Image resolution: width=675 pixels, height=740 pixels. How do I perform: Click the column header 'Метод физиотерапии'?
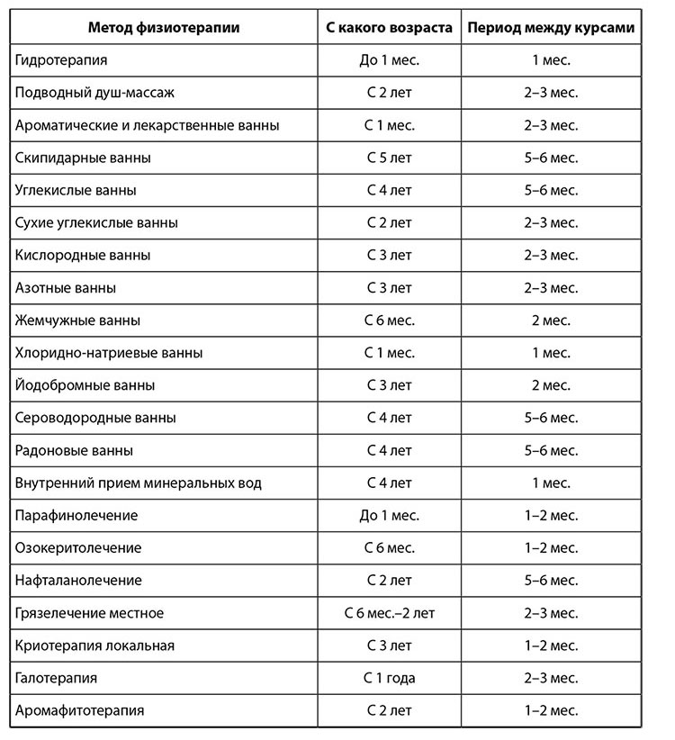(x=164, y=27)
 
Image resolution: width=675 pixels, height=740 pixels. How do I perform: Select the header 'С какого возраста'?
(x=389, y=27)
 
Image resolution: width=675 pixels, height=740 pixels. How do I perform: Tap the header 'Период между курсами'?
(x=551, y=27)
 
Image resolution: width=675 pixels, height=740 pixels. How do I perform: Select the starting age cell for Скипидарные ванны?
(x=389, y=158)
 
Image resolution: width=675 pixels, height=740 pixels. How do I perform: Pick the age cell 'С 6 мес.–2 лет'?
(x=389, y=613)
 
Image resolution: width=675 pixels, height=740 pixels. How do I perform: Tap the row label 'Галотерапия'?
(x=56, y=678)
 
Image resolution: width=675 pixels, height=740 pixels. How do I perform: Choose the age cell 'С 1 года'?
(x=389, y=678)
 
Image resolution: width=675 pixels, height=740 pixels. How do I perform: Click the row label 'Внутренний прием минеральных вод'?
(x=139, y=483)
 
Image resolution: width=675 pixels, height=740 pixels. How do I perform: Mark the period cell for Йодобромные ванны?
(x=551, y=385)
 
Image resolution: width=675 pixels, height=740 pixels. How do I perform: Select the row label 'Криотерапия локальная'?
(x=94, y=645)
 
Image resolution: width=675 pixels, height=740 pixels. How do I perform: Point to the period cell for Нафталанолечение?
(x=551, y=581)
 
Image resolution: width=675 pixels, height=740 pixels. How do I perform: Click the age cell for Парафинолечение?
(x=389, y=516)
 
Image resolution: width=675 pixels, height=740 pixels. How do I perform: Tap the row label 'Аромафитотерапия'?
(x=79, y=710)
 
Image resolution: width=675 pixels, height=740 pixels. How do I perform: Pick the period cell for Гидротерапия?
(x=551, y=60)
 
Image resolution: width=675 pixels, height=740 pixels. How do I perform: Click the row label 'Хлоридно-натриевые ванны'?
(x=109, y=353)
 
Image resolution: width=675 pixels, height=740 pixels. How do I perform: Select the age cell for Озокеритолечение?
(x=389, y=548)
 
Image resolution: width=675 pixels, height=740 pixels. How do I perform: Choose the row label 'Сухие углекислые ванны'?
(x=96, y=222)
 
